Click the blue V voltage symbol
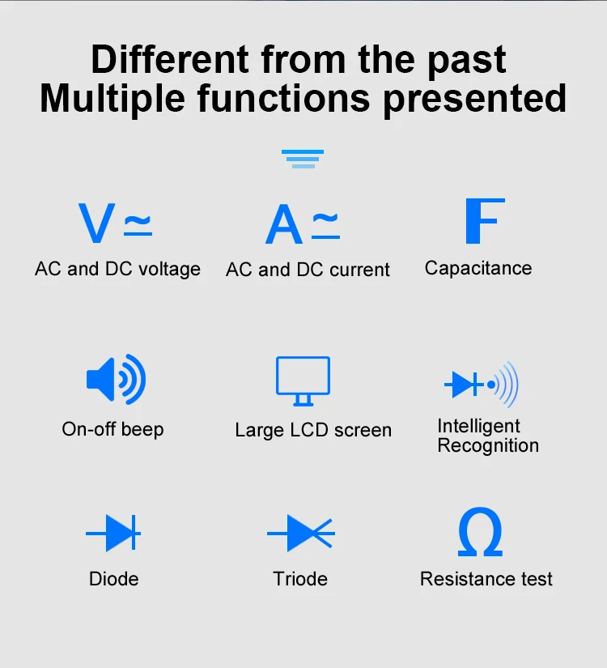coord(96,223)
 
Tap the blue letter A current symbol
coord(284,224)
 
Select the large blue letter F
coord(485,221)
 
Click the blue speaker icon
coord(116,379)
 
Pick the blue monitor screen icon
coord(303,381)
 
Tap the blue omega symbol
coord(480,531)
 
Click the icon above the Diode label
coord(113,533)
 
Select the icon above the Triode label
coord(301,533)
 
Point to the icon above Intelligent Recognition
coord(482,385)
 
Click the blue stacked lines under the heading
coord(303,159)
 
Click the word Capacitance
coord(478,268)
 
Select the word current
coord(359,270)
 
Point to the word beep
coord(142,430)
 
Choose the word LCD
coord(309,430)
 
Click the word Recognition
coord(488,445)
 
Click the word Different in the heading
coord(170,59)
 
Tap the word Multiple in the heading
coord(112,100)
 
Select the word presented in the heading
coord(475,100)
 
